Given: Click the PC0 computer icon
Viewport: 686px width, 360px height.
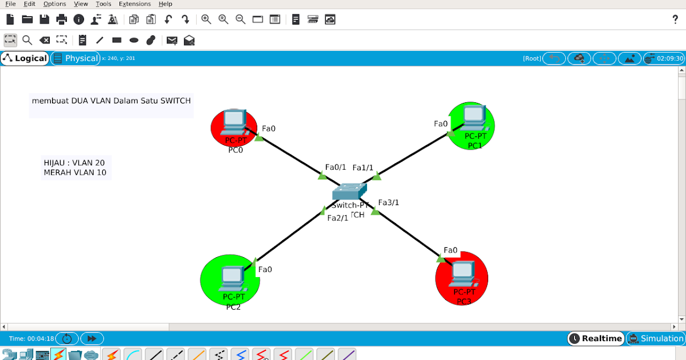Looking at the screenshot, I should click(x=233, y=120).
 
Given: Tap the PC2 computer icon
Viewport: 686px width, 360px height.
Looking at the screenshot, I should click(x=232, y=277).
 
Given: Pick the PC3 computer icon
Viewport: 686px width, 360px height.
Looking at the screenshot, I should click(x=462, y=274).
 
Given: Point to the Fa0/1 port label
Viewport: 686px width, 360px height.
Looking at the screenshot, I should click(x=336, y=167).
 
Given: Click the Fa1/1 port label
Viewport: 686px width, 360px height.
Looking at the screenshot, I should click(x=363, y=167).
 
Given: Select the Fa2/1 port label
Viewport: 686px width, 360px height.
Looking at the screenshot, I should click(x=337, y=218).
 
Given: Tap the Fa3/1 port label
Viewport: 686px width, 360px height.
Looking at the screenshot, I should click(x=389, y=202).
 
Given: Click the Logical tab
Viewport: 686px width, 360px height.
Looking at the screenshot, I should click(x=25, y=58).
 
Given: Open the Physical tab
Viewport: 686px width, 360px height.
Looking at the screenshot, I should click(x=75, y=58).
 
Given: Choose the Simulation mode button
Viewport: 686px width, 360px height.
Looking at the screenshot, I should click(x=656, y=338).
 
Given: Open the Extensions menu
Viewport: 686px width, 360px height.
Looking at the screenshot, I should click(x=134, y=4).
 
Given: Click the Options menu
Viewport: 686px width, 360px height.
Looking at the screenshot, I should click(x=54, y=4).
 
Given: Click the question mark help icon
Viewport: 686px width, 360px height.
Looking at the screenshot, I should click(x=675, y=19).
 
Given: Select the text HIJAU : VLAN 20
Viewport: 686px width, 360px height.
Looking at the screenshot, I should click(x=74, y=163).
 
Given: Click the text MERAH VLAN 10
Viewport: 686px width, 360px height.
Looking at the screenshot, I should click(x=75, y=173).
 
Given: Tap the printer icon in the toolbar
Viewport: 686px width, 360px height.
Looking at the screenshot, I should click(x=62, y=19).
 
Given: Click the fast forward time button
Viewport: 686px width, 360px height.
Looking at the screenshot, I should click(x=91, y=338).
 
